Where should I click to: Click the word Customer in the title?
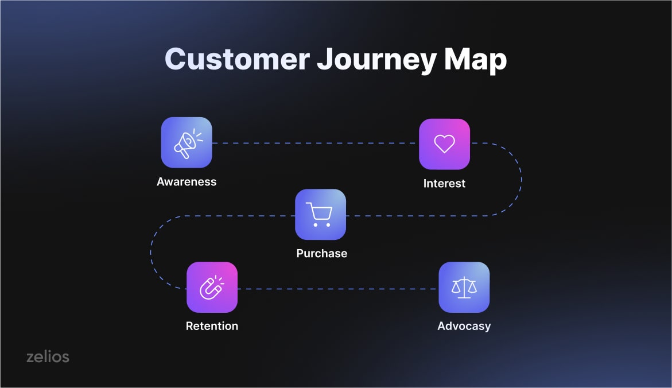click(237, 59)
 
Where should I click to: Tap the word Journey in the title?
click(376, 60)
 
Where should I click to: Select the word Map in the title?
click(475, 60)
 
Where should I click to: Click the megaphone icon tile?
click(187, 142)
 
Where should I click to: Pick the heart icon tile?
click(444, 144)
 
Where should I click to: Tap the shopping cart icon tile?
click(321, 214)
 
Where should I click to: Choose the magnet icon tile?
click(212, 287)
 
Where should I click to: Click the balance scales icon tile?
click(464, 287)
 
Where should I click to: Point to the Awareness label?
click(187, 182)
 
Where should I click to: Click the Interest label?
click(444, 184)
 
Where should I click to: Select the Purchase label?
click(322, 253)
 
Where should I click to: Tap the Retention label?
click(212, 326)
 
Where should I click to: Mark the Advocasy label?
click(464, 326)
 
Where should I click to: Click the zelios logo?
click(48, 356)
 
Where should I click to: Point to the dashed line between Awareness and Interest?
click(316, 143)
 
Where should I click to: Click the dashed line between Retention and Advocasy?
click(338, 289)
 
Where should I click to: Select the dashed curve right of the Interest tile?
click(521, 179)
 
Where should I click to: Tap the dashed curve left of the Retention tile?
click(151, 252)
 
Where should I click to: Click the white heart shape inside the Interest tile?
click(444, 144)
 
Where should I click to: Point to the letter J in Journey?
click(325, 59)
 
